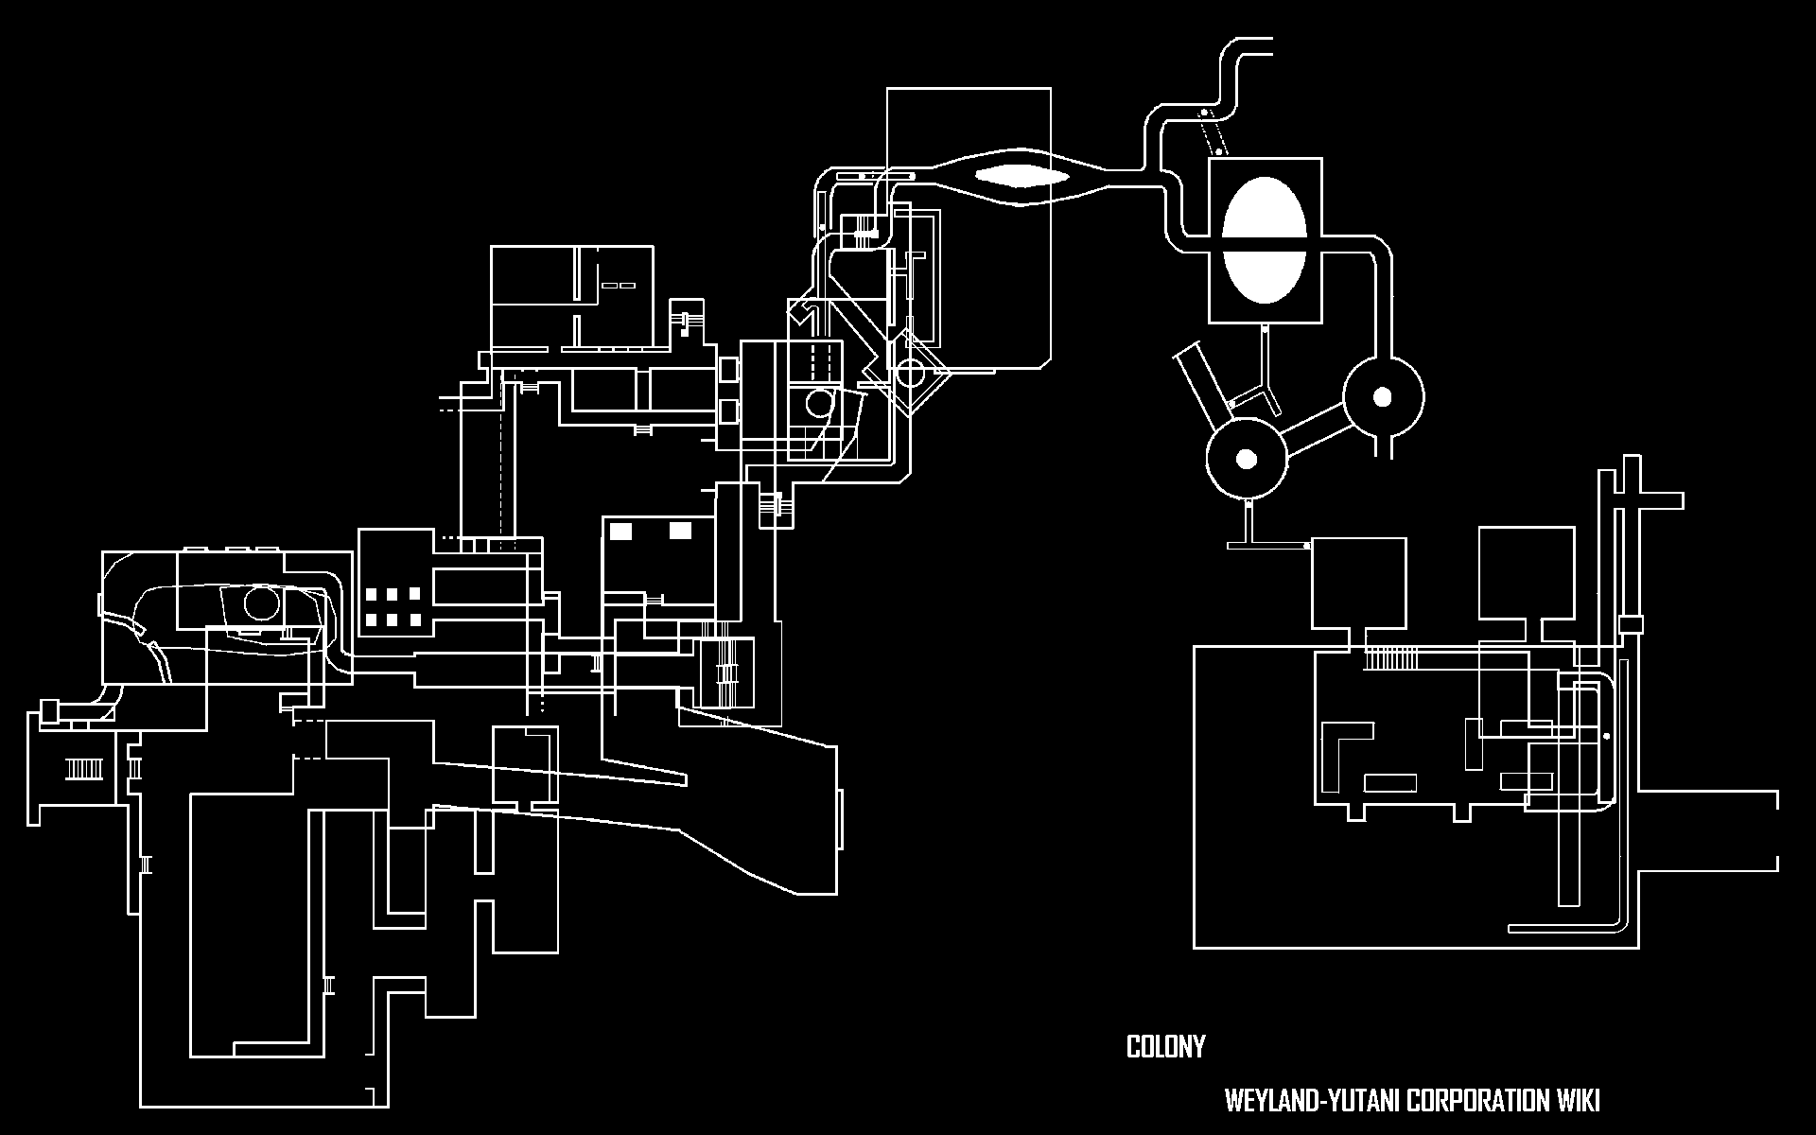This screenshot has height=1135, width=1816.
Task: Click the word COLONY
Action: tap(1165, 1047)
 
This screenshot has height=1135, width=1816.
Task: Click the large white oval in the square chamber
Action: tap(1265, 240)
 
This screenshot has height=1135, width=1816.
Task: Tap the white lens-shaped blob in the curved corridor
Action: tap(1022, 176)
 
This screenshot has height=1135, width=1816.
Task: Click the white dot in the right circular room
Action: tap(1382, 396)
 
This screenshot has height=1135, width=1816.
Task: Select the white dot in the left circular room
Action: tap(1247, 460)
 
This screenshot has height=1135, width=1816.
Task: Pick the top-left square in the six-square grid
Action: tap(371, 595)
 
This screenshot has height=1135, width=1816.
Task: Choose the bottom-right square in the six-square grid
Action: tap(415, 620)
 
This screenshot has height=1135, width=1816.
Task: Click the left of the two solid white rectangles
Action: tap(620, 531)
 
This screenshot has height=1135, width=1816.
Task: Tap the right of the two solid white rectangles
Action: tap(680, 531)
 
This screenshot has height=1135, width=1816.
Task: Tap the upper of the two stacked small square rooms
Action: tap(728, 369)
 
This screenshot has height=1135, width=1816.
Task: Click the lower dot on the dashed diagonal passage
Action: tap(1219, 149)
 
